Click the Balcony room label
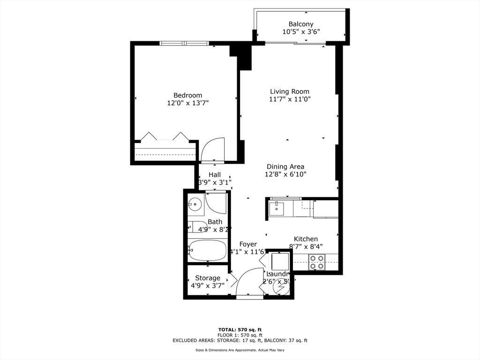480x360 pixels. point(301,24)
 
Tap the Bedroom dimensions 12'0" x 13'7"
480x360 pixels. point(187,103)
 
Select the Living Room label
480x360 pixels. point(289,91)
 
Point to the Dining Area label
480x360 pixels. point(285,166)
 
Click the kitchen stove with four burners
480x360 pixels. point(317,262)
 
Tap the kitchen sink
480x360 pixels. point(276,208)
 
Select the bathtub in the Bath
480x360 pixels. point(208,250)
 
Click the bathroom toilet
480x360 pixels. point(197,226)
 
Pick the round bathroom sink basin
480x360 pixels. point(195,204)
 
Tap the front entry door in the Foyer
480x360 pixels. point(249,281)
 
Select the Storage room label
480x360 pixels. point(208,278)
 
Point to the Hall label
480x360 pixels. point(215,174)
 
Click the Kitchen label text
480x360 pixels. point(306,239)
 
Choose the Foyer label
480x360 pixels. point(248,244)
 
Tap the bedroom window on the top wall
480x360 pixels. point(184,43)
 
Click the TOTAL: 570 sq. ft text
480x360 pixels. point(240,330)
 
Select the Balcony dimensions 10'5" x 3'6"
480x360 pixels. point(301,32)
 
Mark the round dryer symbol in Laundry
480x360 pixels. point(280,288)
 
